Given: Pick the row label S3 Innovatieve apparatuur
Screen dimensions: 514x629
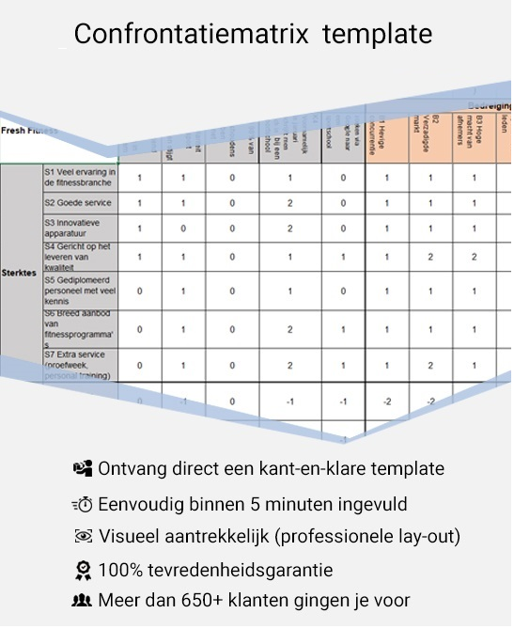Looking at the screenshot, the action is click(80, 228).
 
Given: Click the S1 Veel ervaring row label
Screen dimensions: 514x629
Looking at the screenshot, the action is click(80, 177).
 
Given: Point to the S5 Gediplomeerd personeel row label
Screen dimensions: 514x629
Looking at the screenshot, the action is click(80, 291).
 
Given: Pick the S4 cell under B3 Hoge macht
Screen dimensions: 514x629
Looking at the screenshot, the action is click(475, 256).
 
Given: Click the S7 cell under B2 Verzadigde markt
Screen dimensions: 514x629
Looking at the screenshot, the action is click(430, 365).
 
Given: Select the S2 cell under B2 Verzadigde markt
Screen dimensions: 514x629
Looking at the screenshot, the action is click(430, 203).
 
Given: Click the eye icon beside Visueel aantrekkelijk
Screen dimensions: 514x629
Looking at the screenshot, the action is click(84, 537).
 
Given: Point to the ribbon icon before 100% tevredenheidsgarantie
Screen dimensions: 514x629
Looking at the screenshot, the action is click(84, 570).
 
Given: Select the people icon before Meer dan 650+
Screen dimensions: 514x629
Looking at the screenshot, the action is click(83, 601).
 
